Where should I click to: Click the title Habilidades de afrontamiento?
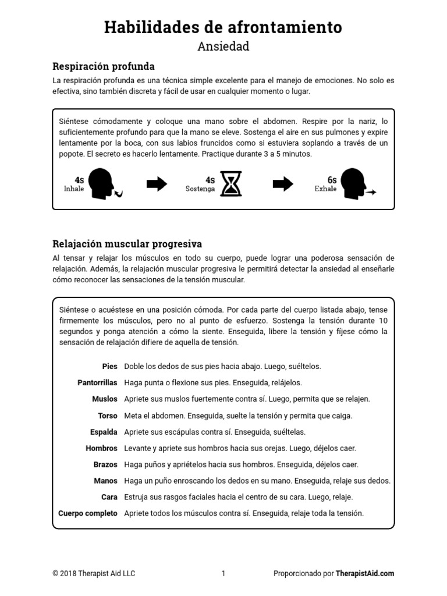(x=223, y=27)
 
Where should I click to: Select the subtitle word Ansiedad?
(x=223, y=47)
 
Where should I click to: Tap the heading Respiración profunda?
(x=104, y=66)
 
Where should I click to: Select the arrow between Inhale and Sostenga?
(x=157, y=185)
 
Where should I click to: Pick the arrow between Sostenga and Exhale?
(x=283, y=185)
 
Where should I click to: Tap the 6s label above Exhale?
(x=332, y=180)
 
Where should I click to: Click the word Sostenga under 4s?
(x=200, y=189)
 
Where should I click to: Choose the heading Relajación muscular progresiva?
(x=127, y=243)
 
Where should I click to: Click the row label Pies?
(x=109, y=367)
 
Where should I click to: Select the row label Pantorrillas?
(x=97, y=383)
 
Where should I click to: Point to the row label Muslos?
(x=105, y=399)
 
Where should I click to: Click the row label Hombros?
(x=101, y=448)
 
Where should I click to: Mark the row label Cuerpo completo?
(x=88, y=513)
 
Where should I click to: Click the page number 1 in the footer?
(x=223, y=573)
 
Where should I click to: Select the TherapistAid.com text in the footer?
(x=365, y=573)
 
